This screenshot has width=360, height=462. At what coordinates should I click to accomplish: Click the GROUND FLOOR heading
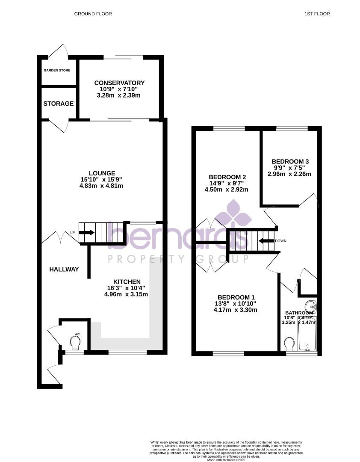(x=93, y=14)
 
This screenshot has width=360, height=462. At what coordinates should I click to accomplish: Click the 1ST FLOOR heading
(x=317, y=14)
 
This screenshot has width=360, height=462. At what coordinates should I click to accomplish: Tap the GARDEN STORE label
(x=56, y=70)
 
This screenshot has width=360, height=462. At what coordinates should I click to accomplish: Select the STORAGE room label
(x=59, y=104)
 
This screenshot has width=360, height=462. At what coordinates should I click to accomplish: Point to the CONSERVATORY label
(x=119, y=83)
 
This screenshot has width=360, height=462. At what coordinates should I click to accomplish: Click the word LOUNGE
(x=102, y=173)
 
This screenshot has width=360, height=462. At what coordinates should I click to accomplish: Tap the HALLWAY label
(x=64, y=269)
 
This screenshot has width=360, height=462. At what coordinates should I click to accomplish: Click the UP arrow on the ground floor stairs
(x=87, y=232)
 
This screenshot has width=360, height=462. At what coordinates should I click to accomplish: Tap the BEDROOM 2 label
(x=227, y=177)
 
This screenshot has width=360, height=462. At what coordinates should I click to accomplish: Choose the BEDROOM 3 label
(x=290, y=161)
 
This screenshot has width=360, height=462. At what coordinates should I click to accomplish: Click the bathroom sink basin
(x=311, y=306)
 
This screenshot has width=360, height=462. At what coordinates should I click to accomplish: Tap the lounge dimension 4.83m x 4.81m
(x=102, y=186)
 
